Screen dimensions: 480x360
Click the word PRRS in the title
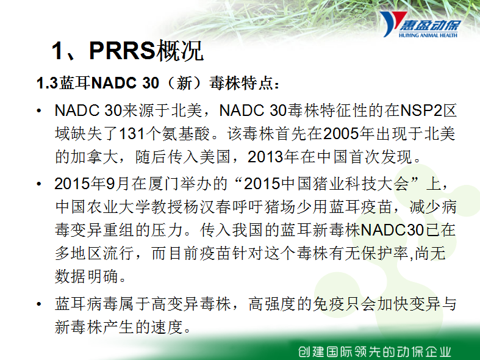pos(123,51)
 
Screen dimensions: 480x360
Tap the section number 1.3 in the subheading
pos(47,83)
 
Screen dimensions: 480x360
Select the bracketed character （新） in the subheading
pos(184,83)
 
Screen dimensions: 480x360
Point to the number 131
pos(132,134)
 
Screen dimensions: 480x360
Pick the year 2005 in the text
pos(341,134)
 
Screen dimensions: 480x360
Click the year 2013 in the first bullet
pos(265,157)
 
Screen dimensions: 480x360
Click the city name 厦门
pos(164,184)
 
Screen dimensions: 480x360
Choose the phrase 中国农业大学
pos(104,207)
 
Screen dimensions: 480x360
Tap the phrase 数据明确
pos(87,276)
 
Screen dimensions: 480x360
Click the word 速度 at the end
pos(167,327)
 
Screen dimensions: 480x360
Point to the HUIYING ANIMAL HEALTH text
pos(428,35)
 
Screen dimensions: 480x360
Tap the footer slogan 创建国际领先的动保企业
pos(374,351)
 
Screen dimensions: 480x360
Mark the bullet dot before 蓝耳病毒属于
pos(38,304)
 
